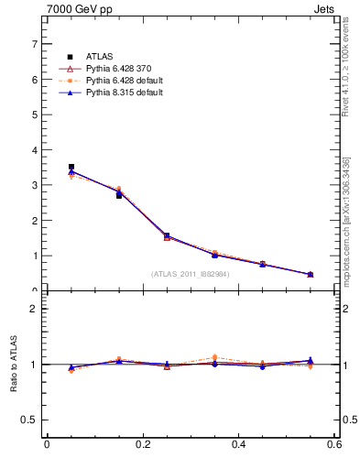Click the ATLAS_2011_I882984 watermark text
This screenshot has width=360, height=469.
[190, 273]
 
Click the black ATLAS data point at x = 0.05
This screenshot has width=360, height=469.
[71, 167]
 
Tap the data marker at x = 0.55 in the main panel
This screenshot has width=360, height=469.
[310, 274]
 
